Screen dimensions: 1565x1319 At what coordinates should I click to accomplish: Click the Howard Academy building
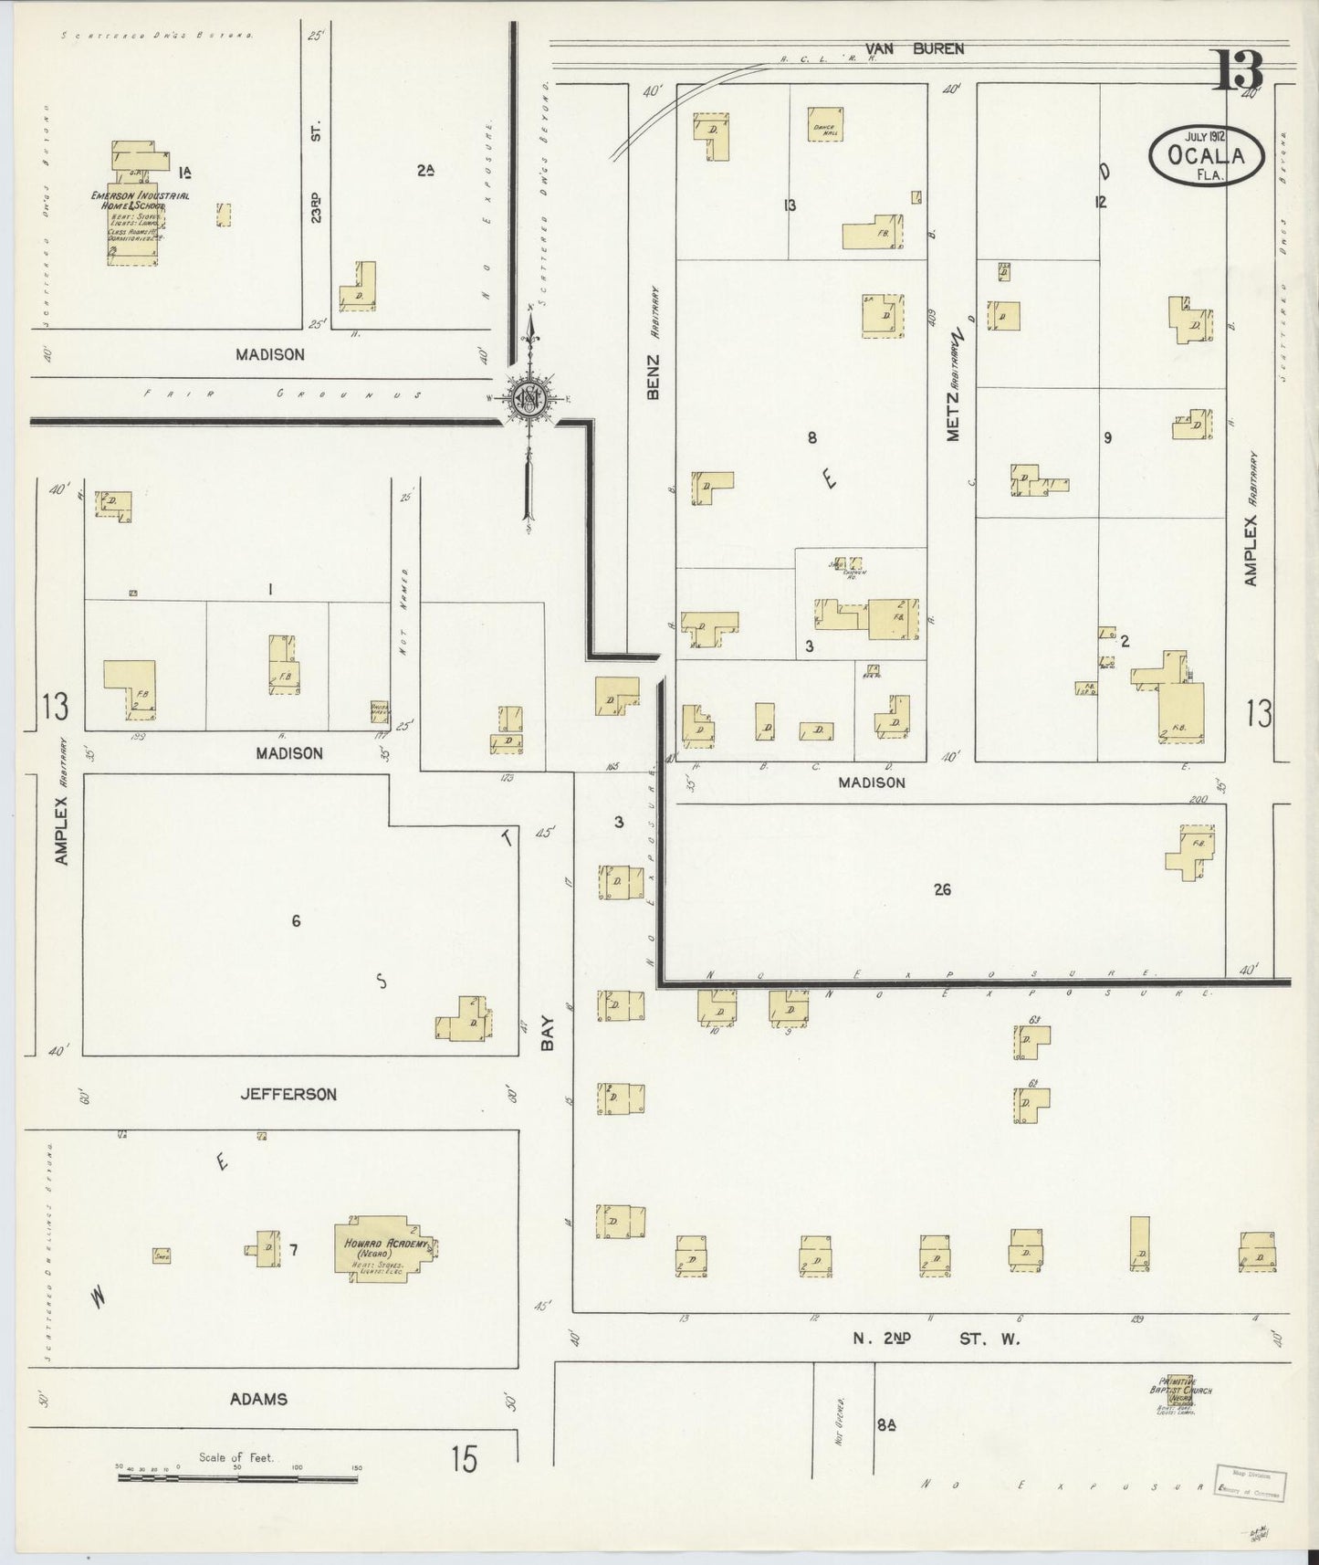383,1248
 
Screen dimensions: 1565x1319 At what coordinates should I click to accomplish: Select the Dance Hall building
825,124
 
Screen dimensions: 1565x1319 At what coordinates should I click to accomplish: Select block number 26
943,888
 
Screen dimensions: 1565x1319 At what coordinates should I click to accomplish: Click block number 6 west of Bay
296,921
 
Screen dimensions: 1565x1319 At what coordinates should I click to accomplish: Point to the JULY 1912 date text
1205,136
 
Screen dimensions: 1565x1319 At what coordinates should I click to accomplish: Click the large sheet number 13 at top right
1237,69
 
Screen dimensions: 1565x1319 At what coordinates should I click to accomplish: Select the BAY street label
548,1034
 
